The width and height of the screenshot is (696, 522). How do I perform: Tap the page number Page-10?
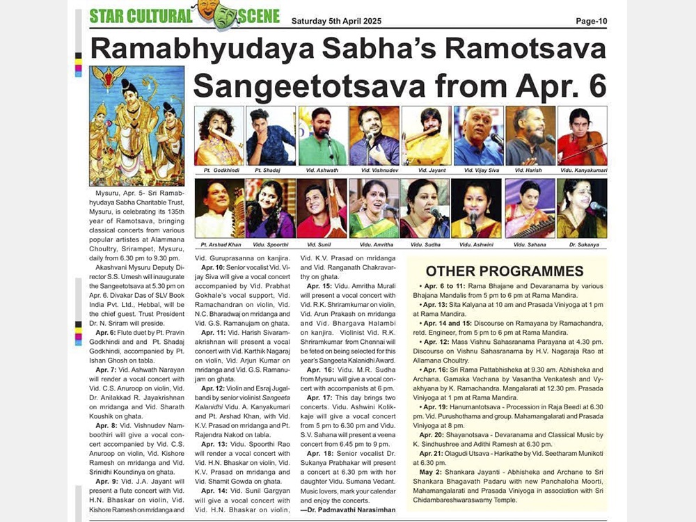point(591,21)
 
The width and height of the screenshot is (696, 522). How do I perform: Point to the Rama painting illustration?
point(127,125)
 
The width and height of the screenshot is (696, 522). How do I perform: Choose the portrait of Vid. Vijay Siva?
point(478,136)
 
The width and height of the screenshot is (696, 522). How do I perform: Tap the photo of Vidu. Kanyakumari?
point(582,136)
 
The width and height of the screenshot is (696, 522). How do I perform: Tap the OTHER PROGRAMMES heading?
point(505,271)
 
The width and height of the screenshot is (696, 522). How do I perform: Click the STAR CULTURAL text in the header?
point(141,16)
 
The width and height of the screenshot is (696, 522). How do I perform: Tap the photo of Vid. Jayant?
point(426,136)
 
